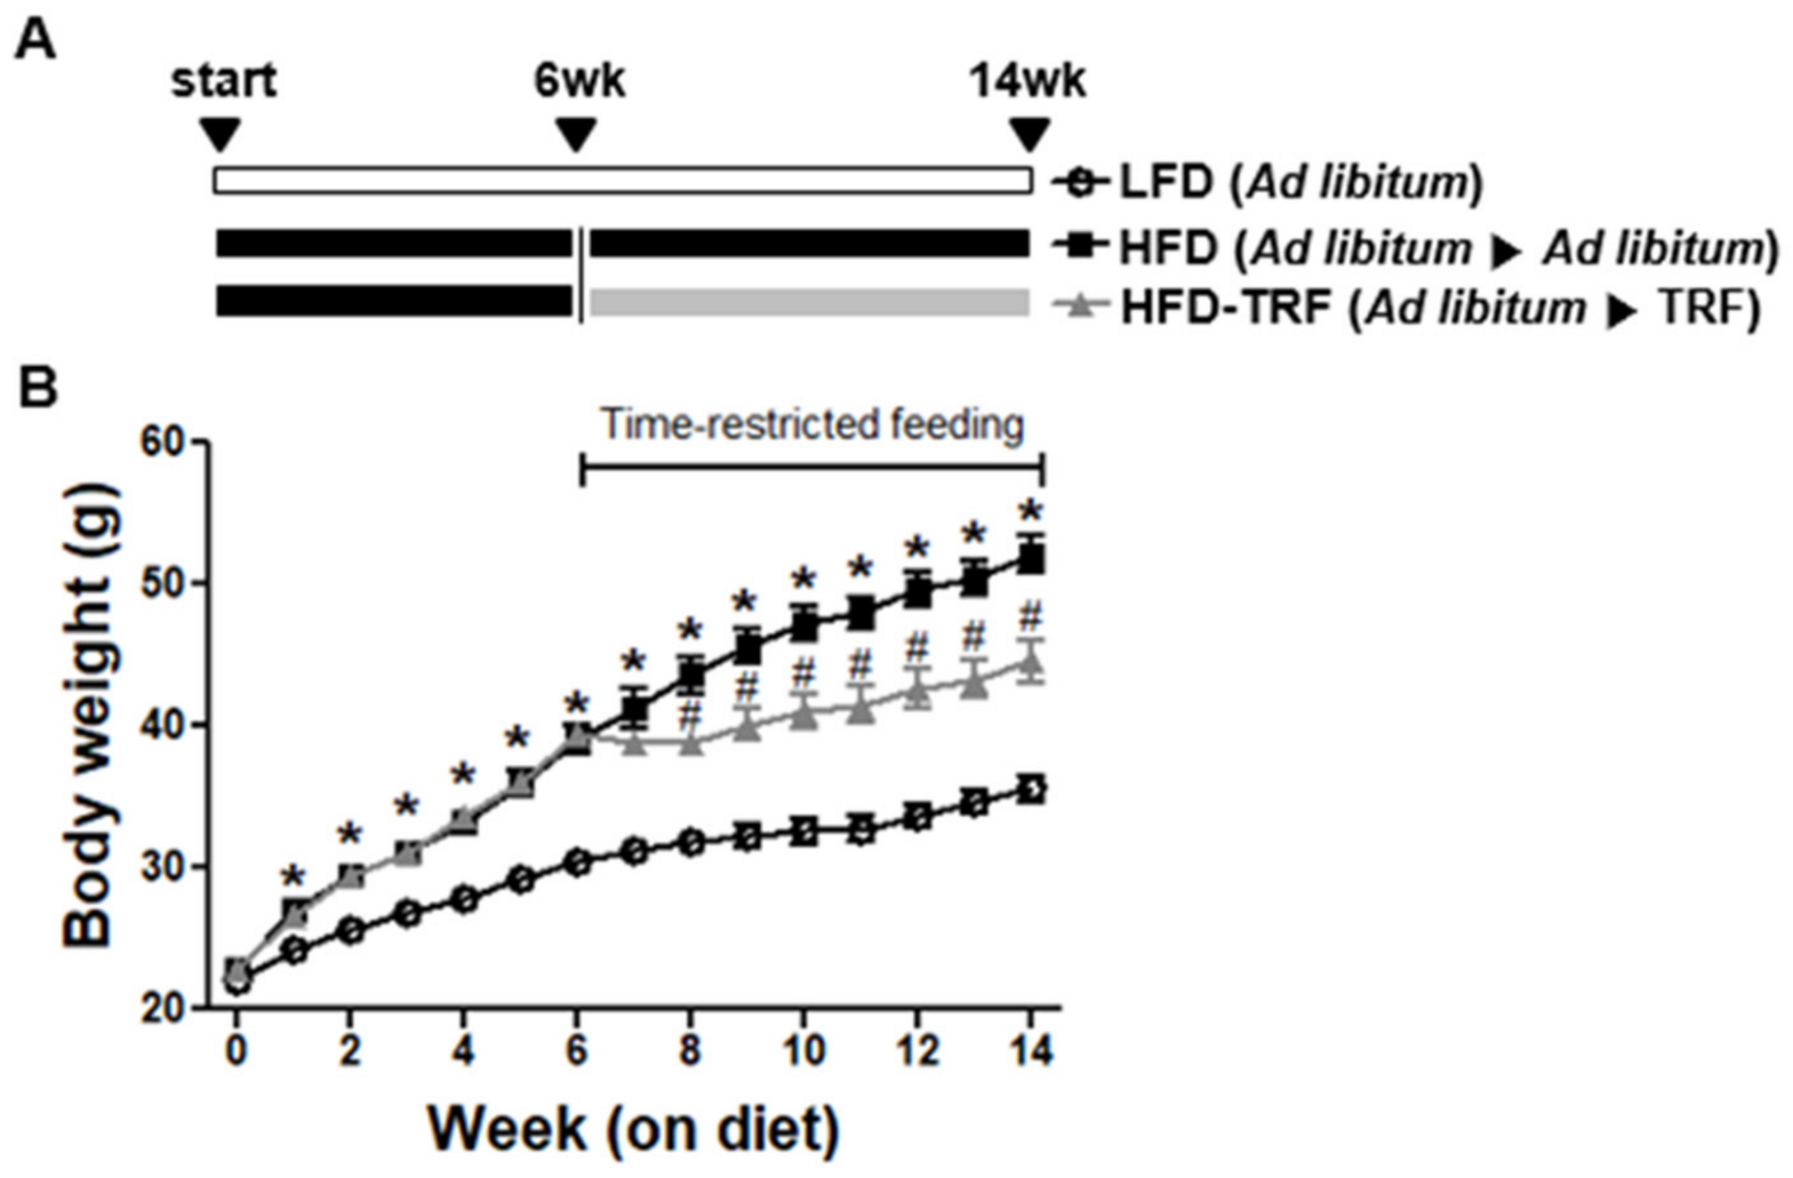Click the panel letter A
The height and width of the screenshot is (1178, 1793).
(x=36, y=39)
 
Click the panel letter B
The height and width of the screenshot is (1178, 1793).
(x=37, y=388)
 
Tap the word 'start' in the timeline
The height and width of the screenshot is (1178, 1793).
(x=224, y=81)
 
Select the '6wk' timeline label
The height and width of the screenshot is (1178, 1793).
(x=579, y=81)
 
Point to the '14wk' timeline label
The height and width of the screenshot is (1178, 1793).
(x=1027, y=81)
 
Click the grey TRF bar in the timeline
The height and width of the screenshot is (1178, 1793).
(x=809, y=302)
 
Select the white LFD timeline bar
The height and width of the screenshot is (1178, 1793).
(x=622, y=180)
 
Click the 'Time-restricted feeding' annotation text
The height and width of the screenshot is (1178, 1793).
(x=812, y=424)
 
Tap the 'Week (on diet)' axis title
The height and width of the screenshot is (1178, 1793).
(x=633, y=1128)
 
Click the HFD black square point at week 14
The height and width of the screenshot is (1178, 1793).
(x=1031, y=559)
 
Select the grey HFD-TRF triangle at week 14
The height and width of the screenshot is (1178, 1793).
(x=1031, y=662)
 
